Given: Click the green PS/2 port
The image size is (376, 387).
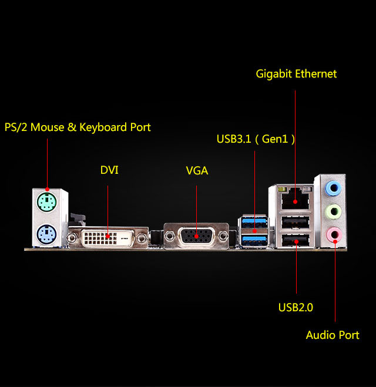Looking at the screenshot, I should pyautogui.click(x=46, y=203).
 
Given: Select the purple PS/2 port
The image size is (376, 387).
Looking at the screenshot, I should pyautogui.click(x=46, y=235).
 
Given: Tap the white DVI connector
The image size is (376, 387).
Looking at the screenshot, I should pyautogui.click(x=108, y=237).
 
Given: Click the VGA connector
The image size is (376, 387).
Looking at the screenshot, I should pyautogui.click(x=196, y=237).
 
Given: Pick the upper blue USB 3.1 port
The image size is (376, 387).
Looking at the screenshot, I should pyautogui.click(x=254, y=223).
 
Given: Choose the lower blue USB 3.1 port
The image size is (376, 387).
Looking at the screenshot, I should pyautogui.click(x=254, y=240).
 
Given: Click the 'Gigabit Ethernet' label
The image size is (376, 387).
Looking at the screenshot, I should pyautogui.click(x=296, y=74).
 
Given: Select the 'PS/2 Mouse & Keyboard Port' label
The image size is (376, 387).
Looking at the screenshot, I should pyautogui.click(x=78, y=127).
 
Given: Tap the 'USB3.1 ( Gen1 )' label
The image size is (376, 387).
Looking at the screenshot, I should pyautogui.click(x=256, y=139).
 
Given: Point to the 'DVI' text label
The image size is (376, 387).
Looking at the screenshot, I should pyautogui.click(x=109, y=170).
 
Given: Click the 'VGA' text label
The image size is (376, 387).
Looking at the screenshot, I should pyautogui.click(x=197, y=171).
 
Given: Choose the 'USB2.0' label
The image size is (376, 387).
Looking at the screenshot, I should pyautogui.click(x=296, y=307).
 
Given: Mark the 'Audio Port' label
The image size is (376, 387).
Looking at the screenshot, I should pyautogui.click(x=333, y=335).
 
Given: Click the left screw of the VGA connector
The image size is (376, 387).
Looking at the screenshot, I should pyautogui.click(x=169, y=236).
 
